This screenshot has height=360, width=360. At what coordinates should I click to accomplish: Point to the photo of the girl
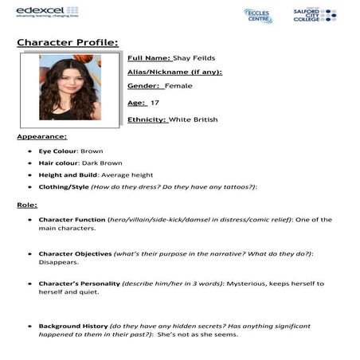pyautogui.click(x=70, y=87)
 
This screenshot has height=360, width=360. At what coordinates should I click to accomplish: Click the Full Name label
pyautogui.click(x=149, y=58)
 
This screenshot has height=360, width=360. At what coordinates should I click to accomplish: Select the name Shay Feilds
pyautogui.click(x=194, y=58)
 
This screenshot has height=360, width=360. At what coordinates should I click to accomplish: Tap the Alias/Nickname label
pyautogui.click(x=174, y=72)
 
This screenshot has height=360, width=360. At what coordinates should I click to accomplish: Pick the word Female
pyautogui.click(x=178, y=86)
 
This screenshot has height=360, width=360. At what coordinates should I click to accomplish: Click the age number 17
pyautogui.click(x=155, y=103)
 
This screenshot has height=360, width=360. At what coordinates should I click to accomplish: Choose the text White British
pyautogui.click(x=192, y=119)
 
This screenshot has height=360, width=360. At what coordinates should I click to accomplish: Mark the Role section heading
pyautogui.click(x=27, y=205)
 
